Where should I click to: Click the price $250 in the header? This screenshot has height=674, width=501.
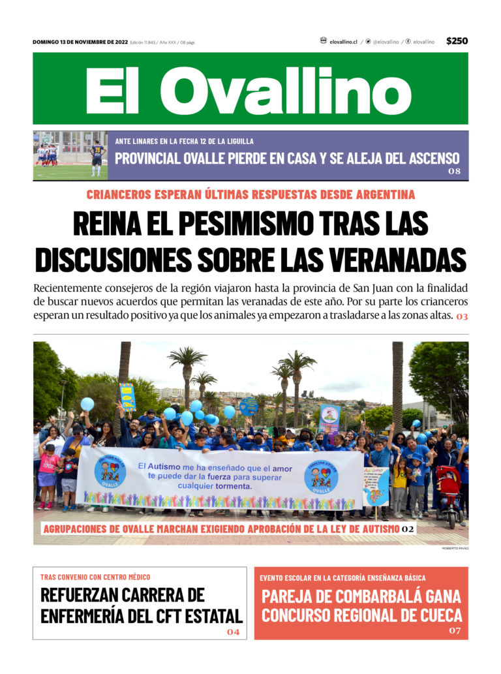[457, 41]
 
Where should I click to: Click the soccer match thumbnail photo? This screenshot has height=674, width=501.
[70, 155]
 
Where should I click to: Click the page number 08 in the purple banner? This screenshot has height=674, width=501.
[454, 172]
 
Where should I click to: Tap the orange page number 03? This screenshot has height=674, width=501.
[462, 316]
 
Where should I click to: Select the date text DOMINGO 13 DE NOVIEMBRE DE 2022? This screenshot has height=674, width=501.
[80, 42]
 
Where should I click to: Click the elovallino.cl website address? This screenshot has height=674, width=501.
[344, 41]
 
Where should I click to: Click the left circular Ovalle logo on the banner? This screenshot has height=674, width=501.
[110, 471]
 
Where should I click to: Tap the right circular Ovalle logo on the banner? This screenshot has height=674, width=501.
[321, 476]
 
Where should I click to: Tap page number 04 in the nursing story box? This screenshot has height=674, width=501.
[233, 632]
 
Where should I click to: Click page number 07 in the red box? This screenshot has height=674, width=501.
[454, 631]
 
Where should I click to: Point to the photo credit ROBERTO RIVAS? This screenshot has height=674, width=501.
[455, 548]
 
